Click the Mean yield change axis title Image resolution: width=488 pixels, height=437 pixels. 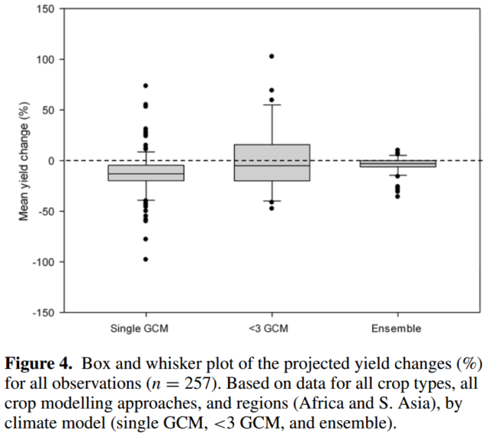click(24, 160)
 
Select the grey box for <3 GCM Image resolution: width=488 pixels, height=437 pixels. click(271, 162)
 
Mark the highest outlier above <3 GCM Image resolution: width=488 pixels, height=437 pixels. click(271, 56)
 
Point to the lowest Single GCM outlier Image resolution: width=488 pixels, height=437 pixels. click(146, 259)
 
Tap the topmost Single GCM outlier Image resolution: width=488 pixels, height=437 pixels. click(146, 85)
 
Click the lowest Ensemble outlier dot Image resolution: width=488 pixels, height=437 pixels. click(397, 197)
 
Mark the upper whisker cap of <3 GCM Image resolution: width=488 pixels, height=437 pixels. click(271, 104)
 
